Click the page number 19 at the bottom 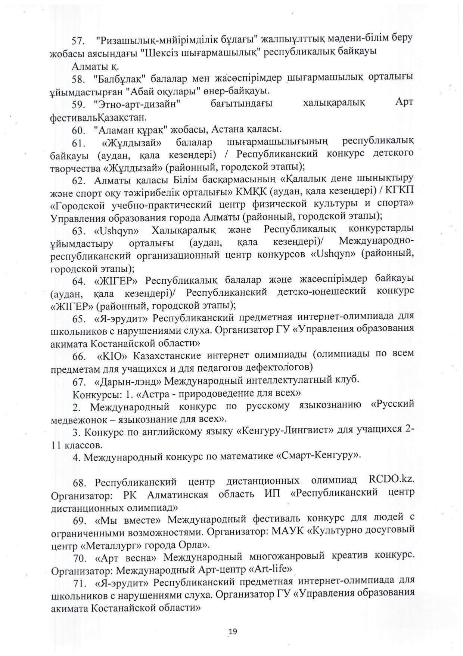pos(233,632)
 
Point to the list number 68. pos(80,483)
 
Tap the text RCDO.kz pos(391,480)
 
